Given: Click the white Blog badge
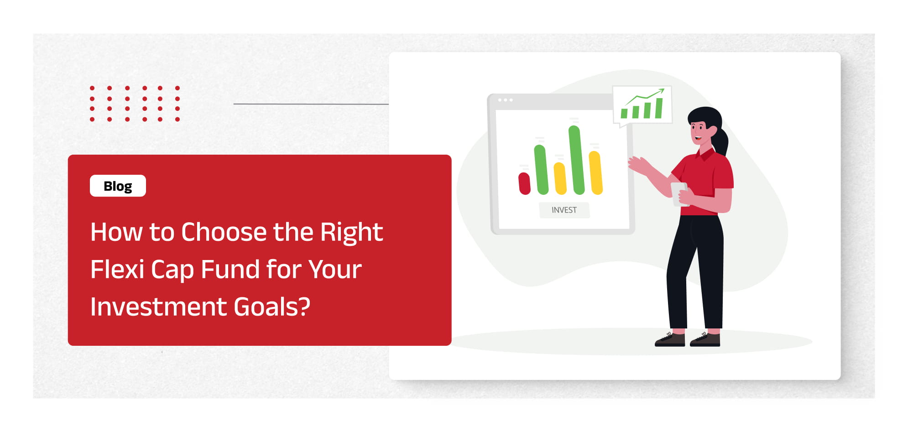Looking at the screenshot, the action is [x=118, y=186].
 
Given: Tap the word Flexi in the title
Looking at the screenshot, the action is [x=117, y=269].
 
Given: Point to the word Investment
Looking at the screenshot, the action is [x=158, y=307].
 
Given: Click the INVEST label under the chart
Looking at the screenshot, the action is [x=564, y=210].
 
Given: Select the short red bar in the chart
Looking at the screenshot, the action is [x=524, y=183].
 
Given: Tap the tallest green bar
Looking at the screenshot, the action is [x=576, y=160].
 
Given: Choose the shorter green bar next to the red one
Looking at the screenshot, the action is [x=541, y=170].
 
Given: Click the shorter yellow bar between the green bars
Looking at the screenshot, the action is [x=560, y=178].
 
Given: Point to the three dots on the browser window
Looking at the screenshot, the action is [x=505, y=100].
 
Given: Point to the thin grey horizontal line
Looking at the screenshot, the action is [x=311, y=104].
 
